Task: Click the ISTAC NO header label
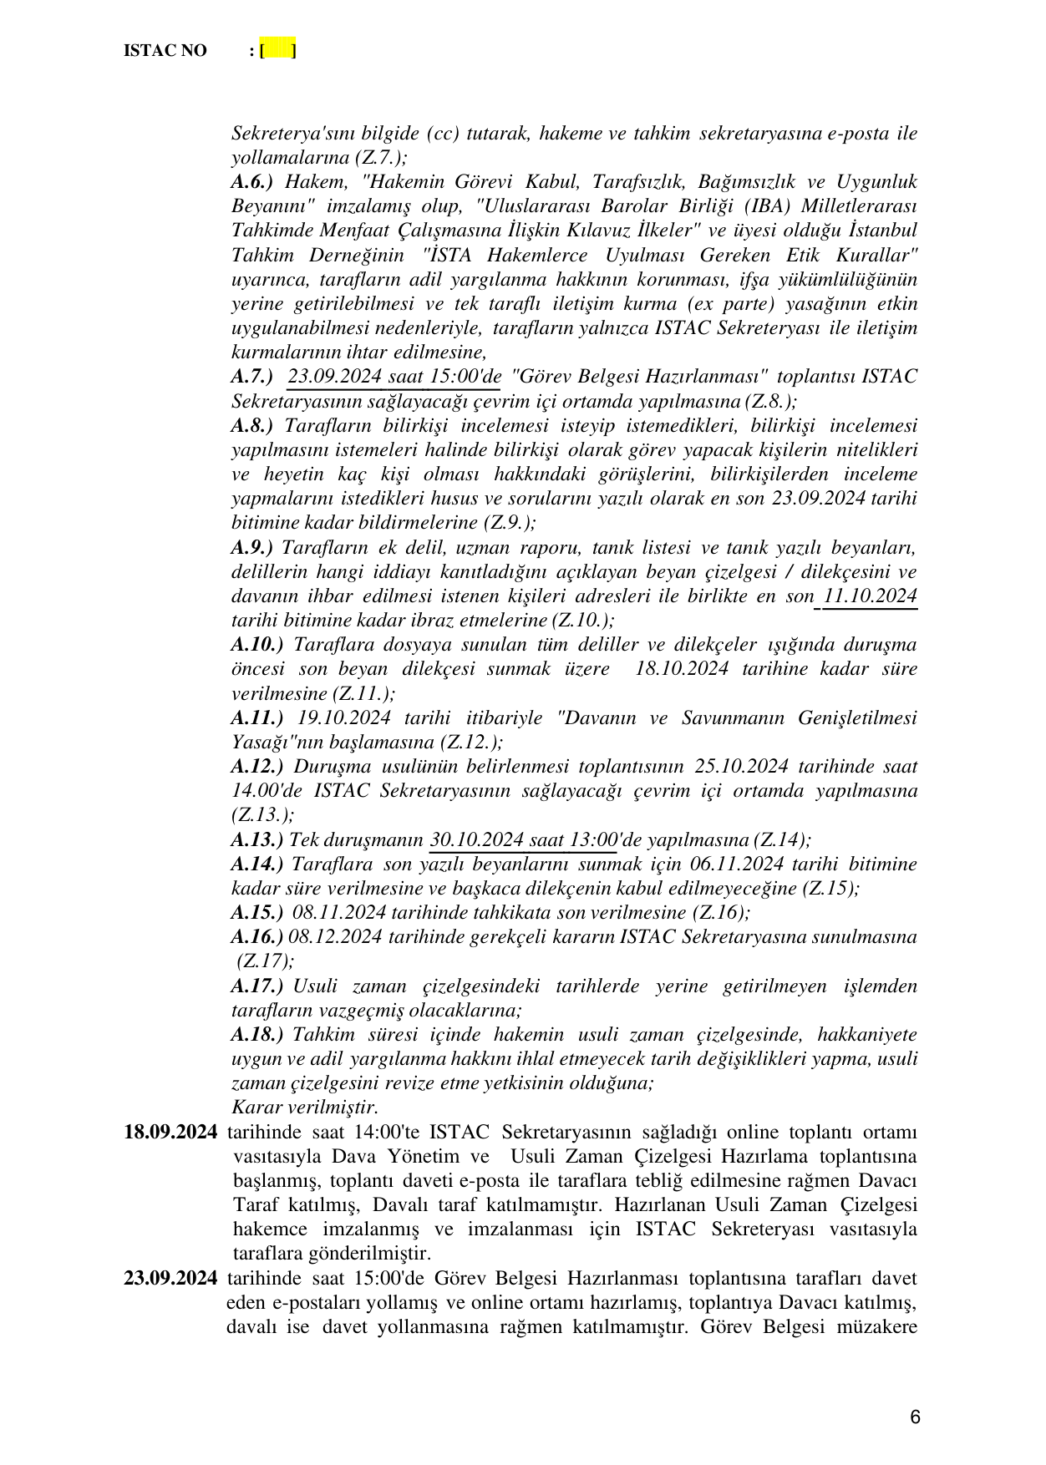tap(165, 51)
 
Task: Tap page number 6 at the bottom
tap(915, 1417)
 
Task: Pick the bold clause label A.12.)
tap(256, 767)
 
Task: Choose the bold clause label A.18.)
tap(256, 1035)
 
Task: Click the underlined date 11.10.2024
tap(870, 596)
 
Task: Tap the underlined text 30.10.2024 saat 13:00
tap(523, 839)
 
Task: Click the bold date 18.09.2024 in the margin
tap(170, 1133)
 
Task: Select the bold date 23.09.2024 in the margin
tap(170, 1279)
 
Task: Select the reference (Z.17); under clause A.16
tap(265, 961)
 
